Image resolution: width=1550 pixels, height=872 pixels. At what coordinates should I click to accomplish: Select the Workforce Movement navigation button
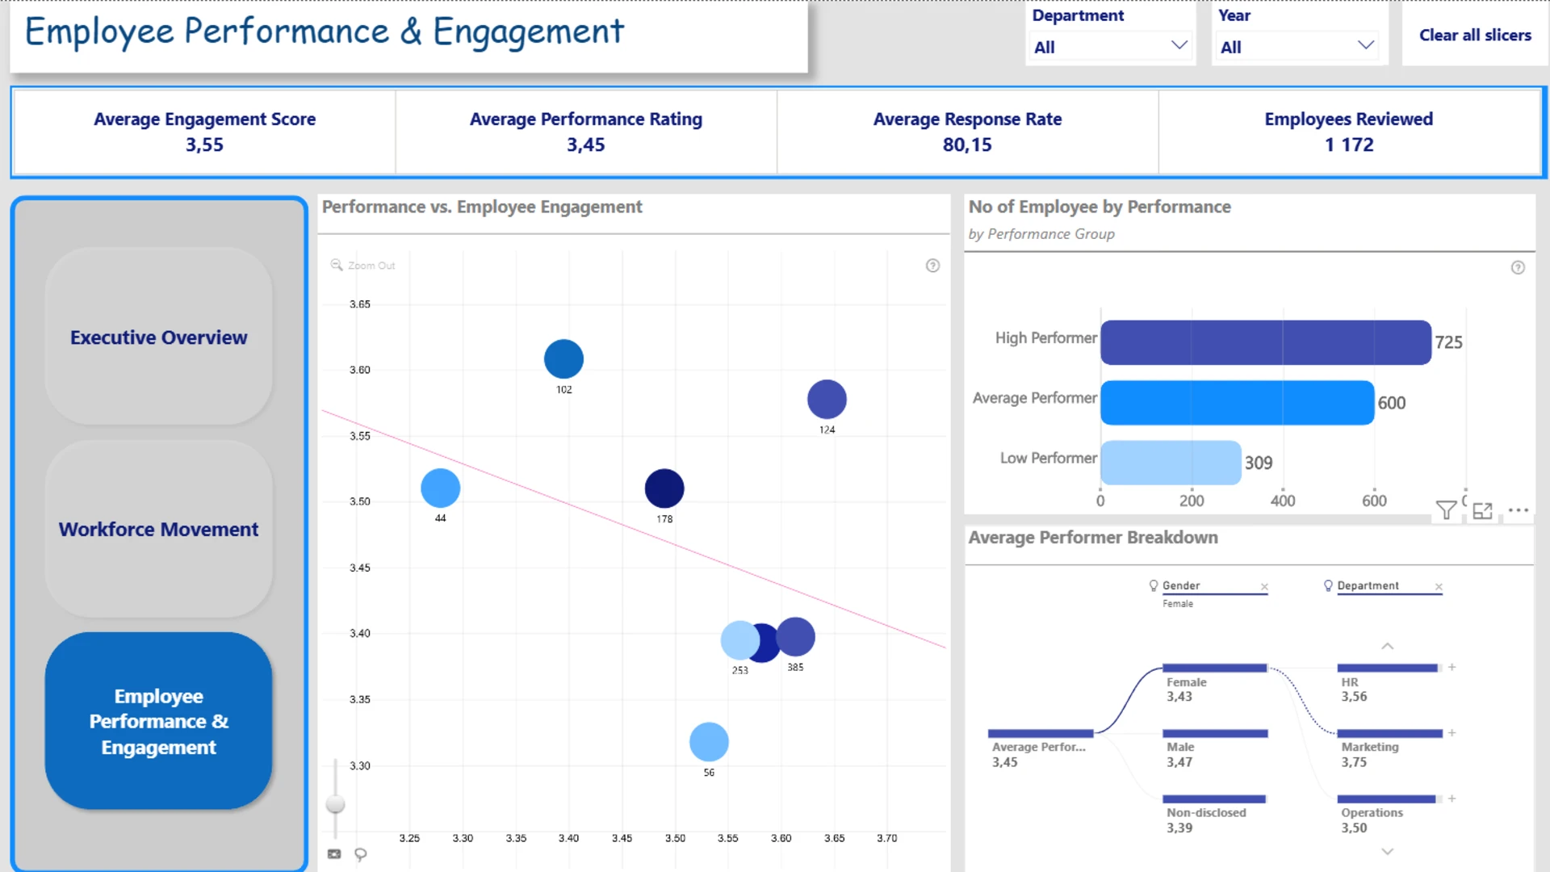coord(158,529)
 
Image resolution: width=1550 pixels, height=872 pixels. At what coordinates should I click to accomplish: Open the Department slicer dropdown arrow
coord(1179,45)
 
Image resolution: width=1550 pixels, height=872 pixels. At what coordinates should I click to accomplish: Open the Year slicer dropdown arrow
coord(1365,45)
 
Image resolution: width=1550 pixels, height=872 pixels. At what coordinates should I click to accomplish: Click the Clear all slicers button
coord(1475,35)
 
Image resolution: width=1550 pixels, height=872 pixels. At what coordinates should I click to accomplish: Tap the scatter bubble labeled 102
coord(563,358)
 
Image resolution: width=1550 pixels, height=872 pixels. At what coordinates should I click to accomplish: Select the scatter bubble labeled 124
coord(827,399)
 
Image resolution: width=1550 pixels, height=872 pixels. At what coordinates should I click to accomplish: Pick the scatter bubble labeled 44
coord(440,488)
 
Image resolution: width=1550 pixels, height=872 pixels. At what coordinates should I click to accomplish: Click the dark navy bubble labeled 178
coord(664,488)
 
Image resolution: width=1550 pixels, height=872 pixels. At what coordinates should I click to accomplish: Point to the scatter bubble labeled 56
coord(709,741)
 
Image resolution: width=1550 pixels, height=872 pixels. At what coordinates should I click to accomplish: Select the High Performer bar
coord(1266,342)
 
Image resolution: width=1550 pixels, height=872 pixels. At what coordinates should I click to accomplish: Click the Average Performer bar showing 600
coord(1238,402)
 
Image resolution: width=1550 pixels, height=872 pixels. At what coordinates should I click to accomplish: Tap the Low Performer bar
coord(1171,462)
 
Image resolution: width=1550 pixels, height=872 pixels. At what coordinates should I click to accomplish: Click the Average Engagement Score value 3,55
coord(204,145)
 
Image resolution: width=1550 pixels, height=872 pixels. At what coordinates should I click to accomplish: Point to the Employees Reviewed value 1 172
coord(1349,145)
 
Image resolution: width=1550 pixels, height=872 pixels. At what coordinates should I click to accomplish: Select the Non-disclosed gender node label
coord(1206,812)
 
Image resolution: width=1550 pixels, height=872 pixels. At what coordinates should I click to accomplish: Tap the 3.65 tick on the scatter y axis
coord(360,304)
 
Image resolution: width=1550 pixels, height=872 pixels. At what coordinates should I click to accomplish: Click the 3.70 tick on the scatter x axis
coord(886,838)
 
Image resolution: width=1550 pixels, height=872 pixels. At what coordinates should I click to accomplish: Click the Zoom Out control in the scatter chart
coord(362,265)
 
